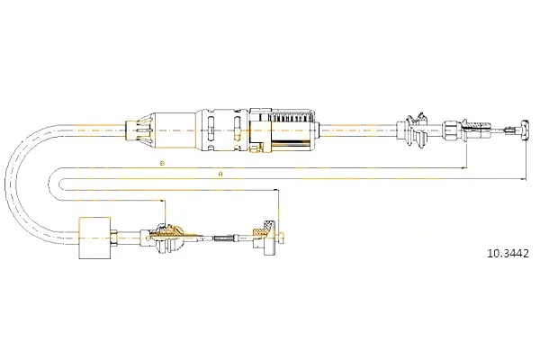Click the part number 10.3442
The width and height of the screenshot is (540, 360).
click(508, 254)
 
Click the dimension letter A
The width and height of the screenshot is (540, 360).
click(220, 174)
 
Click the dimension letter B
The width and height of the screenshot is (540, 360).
click(163, 163)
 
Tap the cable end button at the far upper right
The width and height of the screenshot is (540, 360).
click(525, 130)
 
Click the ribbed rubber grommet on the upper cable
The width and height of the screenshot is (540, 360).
click(415, 130)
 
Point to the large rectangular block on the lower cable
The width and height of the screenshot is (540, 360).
click(94, 238)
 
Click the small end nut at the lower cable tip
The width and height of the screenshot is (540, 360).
click(281, 238)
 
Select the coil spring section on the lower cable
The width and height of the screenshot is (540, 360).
click(223, 238)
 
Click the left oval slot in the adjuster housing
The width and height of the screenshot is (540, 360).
click(211, 129)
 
